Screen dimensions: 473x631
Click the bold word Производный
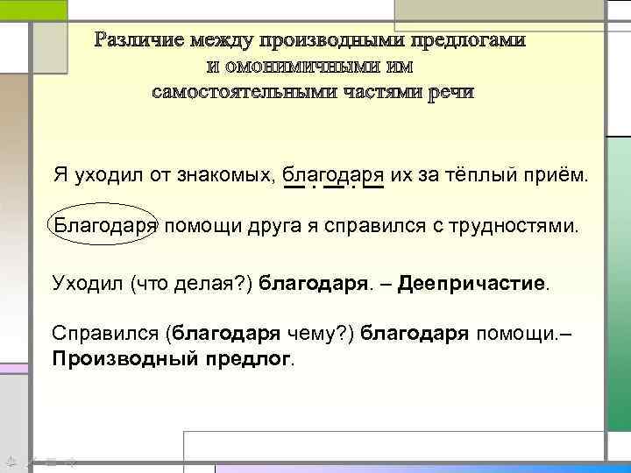point(125,359)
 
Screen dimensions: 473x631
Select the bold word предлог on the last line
point(252,359)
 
